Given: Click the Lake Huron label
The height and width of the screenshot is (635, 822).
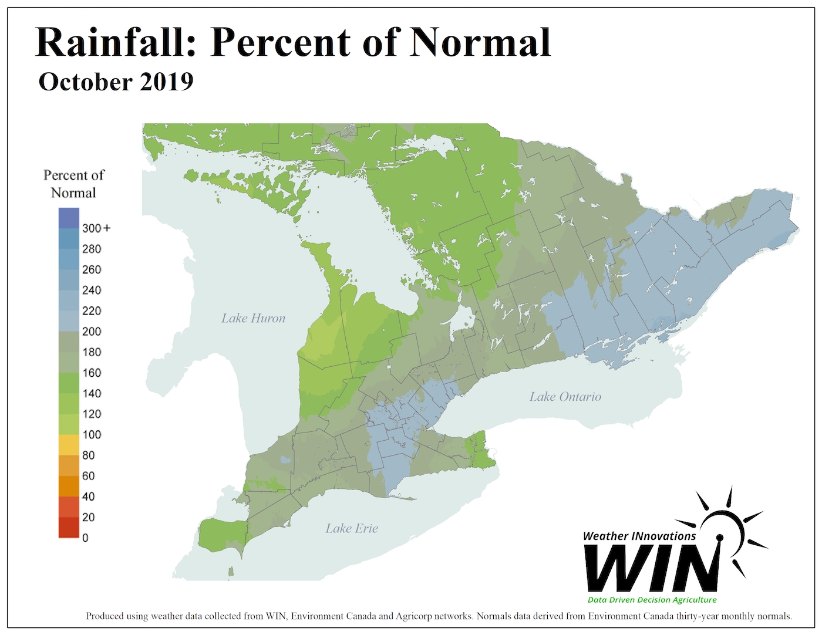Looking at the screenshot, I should [x=253, y=319].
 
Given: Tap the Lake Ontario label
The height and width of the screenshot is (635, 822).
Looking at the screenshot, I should [x=565, y=397].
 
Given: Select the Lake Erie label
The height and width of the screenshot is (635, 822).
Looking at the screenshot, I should [x=352, y=529].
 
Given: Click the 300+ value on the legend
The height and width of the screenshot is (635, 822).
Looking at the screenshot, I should [x=96, y=228].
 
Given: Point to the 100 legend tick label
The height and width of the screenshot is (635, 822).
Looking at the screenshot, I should [x=92, y=435].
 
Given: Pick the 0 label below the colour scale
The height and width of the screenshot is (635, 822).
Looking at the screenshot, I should [x=85, y=538].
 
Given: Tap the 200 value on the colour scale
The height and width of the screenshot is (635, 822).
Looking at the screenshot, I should [x=92, y=332].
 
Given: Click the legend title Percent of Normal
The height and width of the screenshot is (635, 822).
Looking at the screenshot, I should [x=73, y=184].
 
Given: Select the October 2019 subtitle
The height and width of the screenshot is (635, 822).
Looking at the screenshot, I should [x=116, y=82].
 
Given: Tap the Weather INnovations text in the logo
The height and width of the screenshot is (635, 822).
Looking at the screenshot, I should [x=639, y=536].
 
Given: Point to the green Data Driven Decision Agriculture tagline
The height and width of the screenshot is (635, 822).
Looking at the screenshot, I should [x=652, y=600].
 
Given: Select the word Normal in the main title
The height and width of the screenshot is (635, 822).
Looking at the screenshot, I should [x=480, y=42].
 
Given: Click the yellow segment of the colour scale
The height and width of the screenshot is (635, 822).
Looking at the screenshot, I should [x=69, y=445].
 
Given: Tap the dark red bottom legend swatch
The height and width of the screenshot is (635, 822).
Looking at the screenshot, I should [x=69, y=528].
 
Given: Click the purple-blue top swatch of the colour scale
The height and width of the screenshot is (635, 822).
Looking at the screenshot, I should [x=69, y=218].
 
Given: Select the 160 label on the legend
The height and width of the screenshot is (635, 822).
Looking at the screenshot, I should [x=92, y=373].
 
